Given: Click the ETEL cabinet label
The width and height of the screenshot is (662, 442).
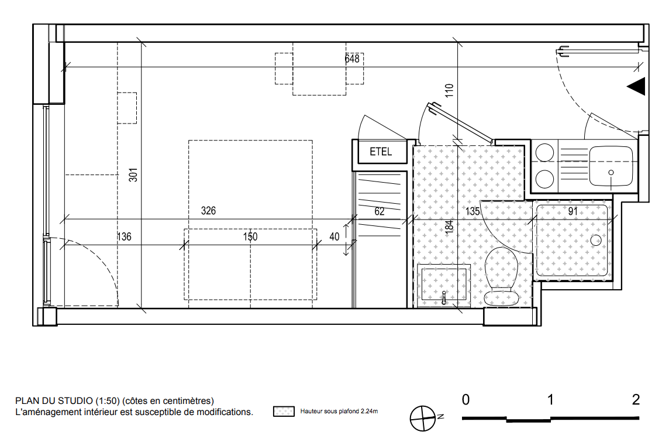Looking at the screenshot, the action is [x=380, y=151].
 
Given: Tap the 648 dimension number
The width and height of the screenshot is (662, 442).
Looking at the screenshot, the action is [x=352, y=59].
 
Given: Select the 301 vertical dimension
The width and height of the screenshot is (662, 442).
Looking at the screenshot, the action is [x=133, y=175].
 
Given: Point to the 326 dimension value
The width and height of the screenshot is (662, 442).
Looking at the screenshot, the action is [x=208, y=210].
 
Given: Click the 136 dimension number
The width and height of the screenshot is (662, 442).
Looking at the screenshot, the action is [x=124, y=237].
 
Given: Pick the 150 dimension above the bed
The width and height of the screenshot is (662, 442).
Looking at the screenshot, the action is [x=250, y=237].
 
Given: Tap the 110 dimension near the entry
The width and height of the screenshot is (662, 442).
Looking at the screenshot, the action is [x=449, y=90].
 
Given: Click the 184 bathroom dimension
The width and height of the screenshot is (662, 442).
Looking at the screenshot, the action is [x=449, y=227].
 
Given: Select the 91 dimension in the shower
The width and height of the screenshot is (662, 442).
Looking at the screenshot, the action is [x=573, y=211].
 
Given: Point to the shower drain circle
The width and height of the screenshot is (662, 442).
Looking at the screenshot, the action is [x=596, y=241].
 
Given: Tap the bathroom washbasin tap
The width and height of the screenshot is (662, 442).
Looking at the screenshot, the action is [x=444, y=297].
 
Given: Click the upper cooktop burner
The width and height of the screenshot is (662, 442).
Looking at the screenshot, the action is [x=544, y=153].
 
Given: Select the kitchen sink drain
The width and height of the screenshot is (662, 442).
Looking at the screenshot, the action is [x=611, y=172].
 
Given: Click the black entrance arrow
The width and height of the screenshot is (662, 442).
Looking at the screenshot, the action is [x=636, y=86].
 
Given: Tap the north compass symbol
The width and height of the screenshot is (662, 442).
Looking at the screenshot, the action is [x=423, y=419].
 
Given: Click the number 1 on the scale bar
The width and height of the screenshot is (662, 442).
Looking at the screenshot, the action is [x=550, y=399].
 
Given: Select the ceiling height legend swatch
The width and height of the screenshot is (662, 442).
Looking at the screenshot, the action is [x=284, y=411].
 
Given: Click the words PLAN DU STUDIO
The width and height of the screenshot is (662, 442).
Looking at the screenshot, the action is [x=54, y=400].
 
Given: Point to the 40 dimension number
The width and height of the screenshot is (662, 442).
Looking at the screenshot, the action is [x=334, y=237].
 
